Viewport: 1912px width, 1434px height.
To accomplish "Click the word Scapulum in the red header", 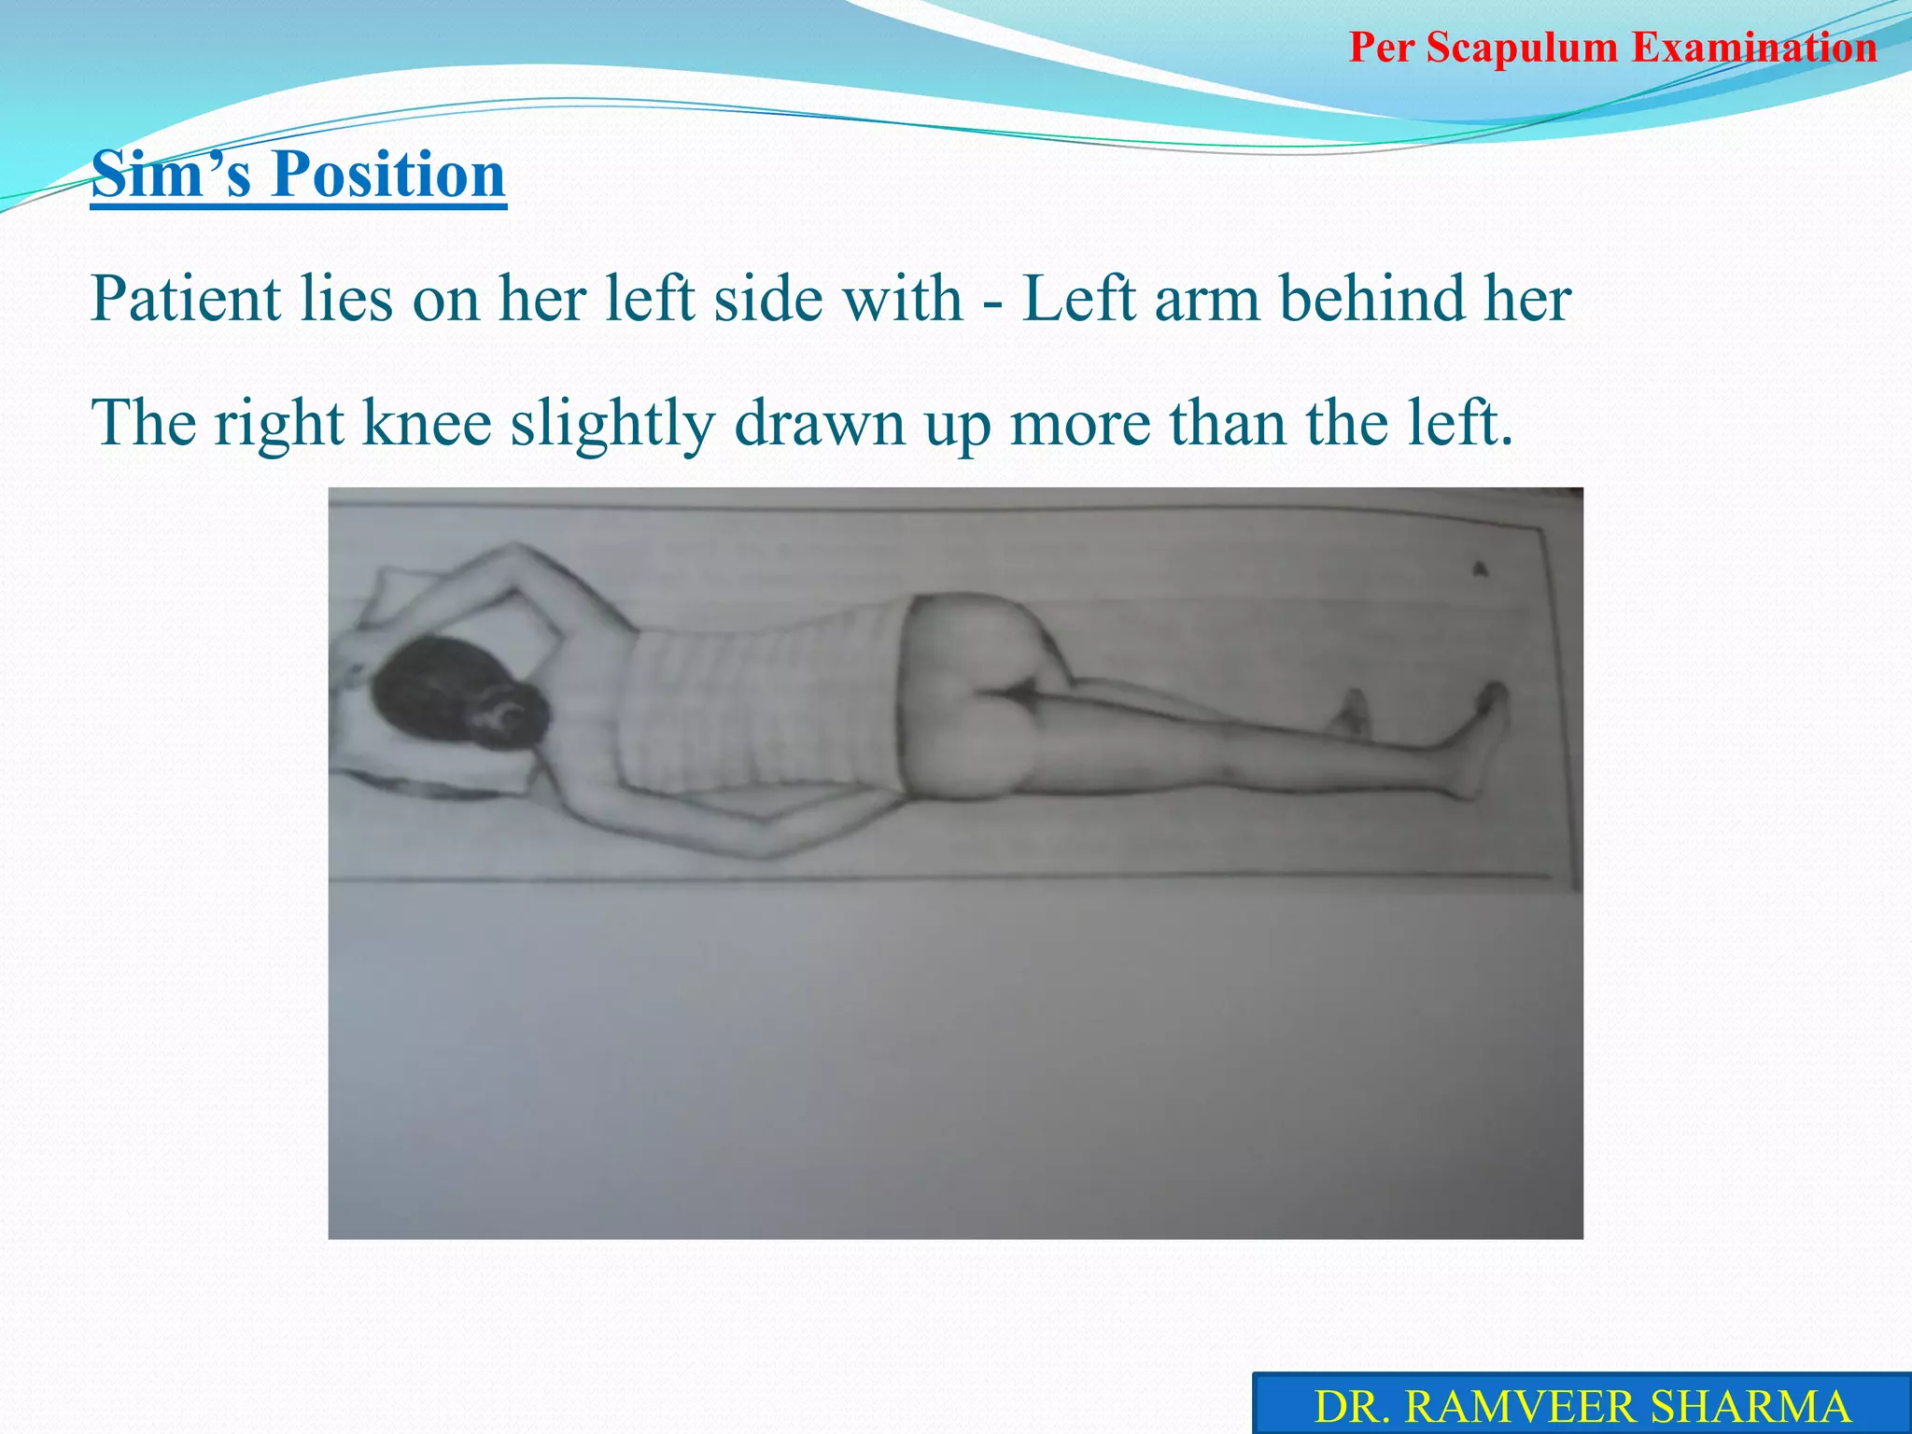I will pyautogui.click(x=1523, y=48).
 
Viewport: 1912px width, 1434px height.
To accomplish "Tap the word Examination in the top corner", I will pyautogui.click(x=1754, y=48).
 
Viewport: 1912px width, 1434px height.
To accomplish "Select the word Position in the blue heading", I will pyautogui.click(x=388, y=175).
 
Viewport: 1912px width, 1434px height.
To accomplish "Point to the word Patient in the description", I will pyautogui.click(x=186, y=300).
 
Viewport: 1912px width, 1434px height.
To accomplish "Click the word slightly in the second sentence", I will pyautogui.click(x=612, y=426).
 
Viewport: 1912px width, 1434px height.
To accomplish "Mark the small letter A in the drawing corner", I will pyautogui.click(x=1479, y=569).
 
